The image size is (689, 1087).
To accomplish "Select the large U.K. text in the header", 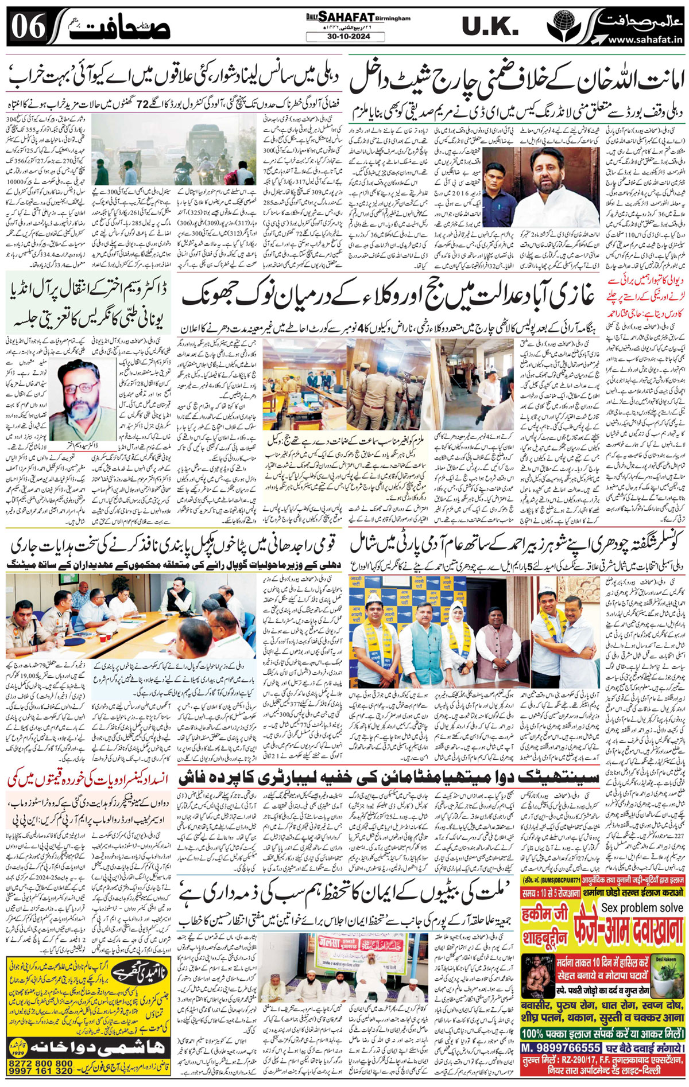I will pos(491,26).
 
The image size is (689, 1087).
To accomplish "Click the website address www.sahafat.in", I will pos(644,40).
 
